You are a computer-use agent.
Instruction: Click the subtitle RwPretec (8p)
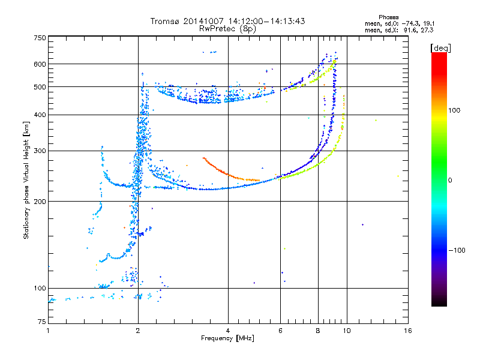tap(227, 29)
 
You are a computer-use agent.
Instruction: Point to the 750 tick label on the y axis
tap(40, 38)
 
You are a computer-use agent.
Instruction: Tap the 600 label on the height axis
tap(40, 64)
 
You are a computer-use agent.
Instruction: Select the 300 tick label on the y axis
tap(40, 151)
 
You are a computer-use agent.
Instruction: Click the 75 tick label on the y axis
tap(42, 322)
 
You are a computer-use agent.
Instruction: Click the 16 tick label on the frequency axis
tap(408, 331)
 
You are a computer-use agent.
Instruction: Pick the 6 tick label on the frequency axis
tap(280, 331)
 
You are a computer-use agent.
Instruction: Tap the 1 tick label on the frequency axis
tap(48, 331)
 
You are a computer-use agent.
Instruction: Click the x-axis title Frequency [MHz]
tap(227, 338)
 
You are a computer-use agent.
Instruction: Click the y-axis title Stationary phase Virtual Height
tap(26, 180)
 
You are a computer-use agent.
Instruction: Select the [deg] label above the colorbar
tap(440, 48)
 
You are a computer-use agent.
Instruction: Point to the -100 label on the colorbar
tap(457, 250)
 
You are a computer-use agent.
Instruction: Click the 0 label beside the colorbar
tap(450, 180)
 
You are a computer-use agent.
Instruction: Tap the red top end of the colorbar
tap(439, 55)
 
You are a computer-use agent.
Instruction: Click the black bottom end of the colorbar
tap(439, 304)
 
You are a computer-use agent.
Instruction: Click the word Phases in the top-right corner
tap(388, 17)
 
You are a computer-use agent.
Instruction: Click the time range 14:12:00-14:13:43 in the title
tap(266, 21)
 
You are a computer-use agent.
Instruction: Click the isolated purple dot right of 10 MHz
tap(362, 224)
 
